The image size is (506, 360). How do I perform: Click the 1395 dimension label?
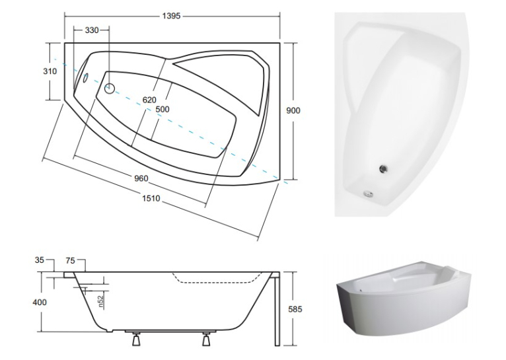point(171,16)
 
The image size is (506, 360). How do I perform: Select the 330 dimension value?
point(92,30)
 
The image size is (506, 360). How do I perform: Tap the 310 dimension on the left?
point(50,71)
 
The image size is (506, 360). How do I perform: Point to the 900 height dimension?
point(293,111)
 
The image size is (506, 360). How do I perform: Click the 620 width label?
point(149,100)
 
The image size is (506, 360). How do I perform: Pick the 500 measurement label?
point(163,110)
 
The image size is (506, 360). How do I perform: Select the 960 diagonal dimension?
point(141,178)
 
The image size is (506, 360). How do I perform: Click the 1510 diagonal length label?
point(151,198)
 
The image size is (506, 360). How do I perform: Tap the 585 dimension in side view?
point(295,309)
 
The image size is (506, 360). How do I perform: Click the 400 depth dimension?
point(40,303)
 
